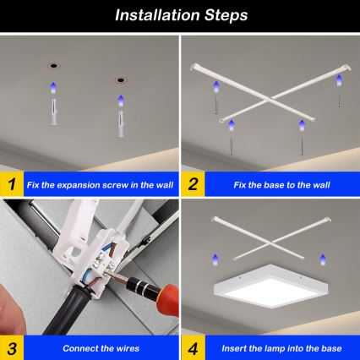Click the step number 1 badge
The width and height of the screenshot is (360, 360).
point(11,183)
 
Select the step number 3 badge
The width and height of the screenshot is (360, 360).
point(11,347)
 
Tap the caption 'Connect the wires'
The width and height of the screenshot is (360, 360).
point(95,348)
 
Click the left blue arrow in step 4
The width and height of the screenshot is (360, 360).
point(215,259)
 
